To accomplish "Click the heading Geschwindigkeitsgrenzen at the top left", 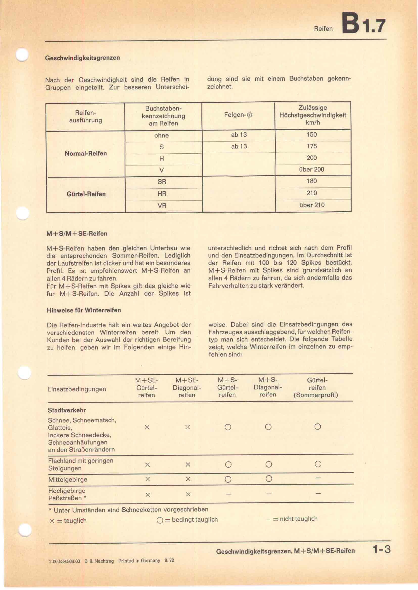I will tap(82, 58).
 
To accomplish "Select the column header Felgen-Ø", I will tap(238, 115).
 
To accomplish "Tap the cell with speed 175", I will tap(311, 146).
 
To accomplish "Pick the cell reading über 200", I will tap(311, 169).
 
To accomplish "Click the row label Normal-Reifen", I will tap(86, 153).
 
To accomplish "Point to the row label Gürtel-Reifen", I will tap(86, 194).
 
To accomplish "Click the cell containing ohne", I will tap(161, 135).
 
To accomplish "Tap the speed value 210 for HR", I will tap(312, 193).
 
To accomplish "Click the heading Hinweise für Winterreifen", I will tap(84, 310).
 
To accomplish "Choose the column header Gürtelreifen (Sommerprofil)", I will tap(316, 387).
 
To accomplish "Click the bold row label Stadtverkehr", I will tap(67, 410).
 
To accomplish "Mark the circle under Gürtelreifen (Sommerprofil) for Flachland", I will tap(318, 464).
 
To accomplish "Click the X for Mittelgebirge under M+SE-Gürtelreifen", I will tap(148, 479).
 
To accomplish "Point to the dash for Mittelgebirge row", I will tap(318, 478).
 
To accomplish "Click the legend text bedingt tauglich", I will tap(195, 520).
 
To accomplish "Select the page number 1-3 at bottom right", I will tap(381, 550).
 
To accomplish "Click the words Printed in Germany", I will tap(139, 560).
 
